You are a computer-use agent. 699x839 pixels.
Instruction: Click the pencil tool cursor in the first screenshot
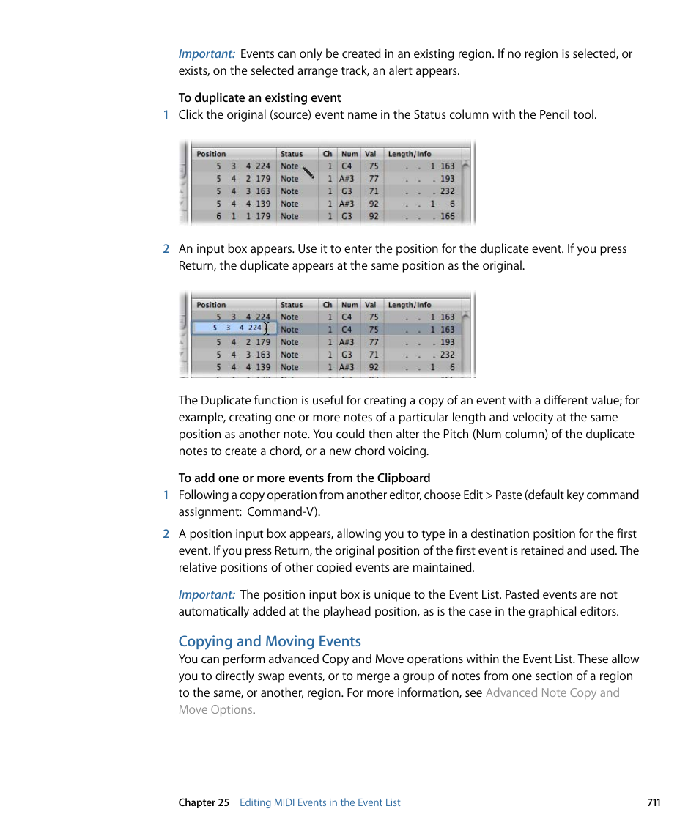[x=308, y=173]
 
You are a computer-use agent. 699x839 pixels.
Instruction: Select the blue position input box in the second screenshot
[x=234, y=328]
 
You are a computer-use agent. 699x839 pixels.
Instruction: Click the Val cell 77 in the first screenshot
[x=374, y=178]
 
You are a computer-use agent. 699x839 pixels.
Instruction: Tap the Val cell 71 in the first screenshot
[x=374, y=191]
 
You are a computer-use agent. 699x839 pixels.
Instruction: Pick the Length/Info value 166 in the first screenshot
[x=447, y=216]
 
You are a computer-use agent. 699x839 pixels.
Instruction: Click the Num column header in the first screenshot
[x=350, y=154]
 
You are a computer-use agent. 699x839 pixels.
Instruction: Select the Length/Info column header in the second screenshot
[x=410, y=305]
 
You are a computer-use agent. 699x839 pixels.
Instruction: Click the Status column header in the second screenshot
[x=292, y=305]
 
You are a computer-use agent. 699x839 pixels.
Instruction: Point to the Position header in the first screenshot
[x=211, y=154]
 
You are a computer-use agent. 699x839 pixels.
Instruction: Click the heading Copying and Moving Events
[x=270, y=641]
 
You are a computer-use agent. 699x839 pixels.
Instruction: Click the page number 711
[x=654, y=802]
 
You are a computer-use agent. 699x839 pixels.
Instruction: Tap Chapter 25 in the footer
[x=204, y=802]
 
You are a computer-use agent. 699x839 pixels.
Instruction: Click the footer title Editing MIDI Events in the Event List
[x=319, y=802]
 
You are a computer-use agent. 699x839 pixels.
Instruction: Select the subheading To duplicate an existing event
[x=259, y=97]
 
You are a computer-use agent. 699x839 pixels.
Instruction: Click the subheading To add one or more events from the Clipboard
[x=304, y=478]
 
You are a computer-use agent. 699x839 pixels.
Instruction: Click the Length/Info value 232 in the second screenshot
[x=447, y=355]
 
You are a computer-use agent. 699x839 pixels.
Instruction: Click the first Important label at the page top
[x=207, y=54]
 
